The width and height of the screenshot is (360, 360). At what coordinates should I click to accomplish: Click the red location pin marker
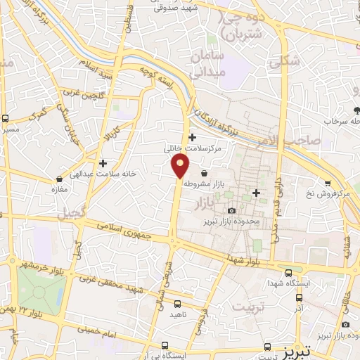pyautogui.click(x=181, y=166)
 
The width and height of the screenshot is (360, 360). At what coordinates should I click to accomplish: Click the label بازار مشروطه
pyautogui.click(x=203, y=183)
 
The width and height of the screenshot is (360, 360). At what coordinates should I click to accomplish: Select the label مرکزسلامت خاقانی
pyautogui.click(x=193, y=148)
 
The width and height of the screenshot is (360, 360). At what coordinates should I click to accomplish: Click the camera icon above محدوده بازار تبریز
pyautogui.click(x=231, y=210)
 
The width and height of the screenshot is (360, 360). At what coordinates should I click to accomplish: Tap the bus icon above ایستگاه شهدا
pyautogui.click(x=288, y=273)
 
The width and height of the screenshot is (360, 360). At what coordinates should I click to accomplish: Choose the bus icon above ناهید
pyautogui.click(x=176, y=304)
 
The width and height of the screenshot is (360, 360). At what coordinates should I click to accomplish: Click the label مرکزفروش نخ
pyautogui.click(x=333, y=193)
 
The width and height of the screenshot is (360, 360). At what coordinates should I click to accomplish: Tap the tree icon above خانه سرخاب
pyautogui.click(x=356, y=110)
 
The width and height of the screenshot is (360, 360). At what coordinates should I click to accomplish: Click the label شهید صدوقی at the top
pyautogui.click(x=175, y=7)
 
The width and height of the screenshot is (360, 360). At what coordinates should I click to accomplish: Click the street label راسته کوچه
pyautogui.click(x=156, y=77)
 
